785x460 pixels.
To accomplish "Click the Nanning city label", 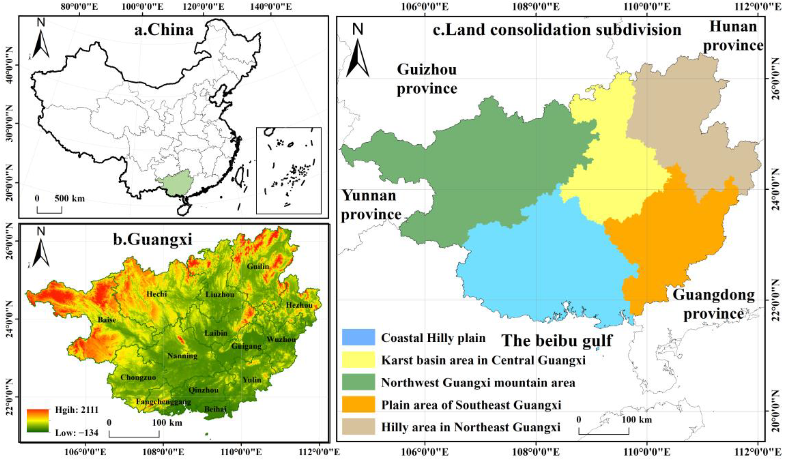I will click(183, 356).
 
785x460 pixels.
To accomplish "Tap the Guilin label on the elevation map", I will click(258, 267).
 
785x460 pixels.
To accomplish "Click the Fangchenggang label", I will click(164, 402).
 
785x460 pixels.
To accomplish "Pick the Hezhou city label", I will click(299, 305).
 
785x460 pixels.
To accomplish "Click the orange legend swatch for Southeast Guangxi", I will click(358, 405).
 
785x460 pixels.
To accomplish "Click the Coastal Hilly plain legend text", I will click(433, 338).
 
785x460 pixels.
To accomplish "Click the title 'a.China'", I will click(164, 30).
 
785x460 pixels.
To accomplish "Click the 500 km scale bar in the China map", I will click(49, 210).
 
